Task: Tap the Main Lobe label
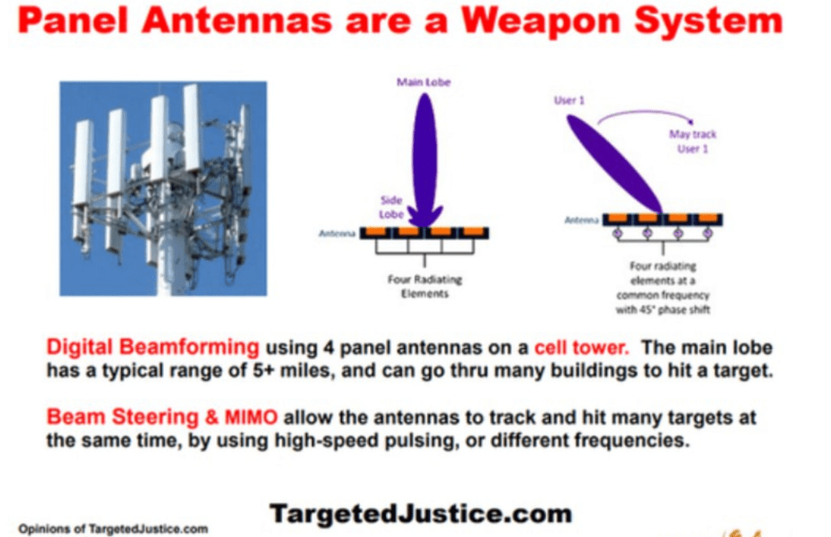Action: click(424, 82)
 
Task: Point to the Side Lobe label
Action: click(392, 207)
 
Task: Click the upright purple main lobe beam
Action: click(425, 159)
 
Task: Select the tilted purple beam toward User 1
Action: click(615, 164)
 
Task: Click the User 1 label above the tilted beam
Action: click(569, 100)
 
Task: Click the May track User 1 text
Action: click(692, 141)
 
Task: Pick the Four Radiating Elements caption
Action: click(424, 286)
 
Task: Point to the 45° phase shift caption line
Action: click(662, 310)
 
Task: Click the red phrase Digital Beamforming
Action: click(153, 347)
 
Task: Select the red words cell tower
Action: click(581, 347)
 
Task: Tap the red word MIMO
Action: click(251, 417)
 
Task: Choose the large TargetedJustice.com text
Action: click(421, 513)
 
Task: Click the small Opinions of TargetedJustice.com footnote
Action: click(113, 529)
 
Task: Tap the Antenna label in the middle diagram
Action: click(337, 234)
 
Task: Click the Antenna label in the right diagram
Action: click(581, 220)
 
